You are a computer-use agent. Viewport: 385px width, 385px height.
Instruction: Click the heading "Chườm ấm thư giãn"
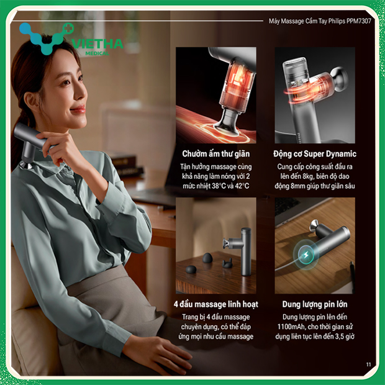pos(215,153)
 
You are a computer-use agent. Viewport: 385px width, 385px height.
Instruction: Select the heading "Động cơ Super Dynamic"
pos(315,153)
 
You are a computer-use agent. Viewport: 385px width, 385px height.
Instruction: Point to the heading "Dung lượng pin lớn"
pos(315,304)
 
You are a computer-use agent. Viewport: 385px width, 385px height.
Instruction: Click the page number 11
pos(368,364)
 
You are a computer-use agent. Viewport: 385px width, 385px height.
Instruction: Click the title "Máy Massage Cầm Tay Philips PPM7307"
pos(319,20)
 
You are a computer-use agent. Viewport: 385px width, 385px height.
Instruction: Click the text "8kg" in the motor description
pos(322,176)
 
